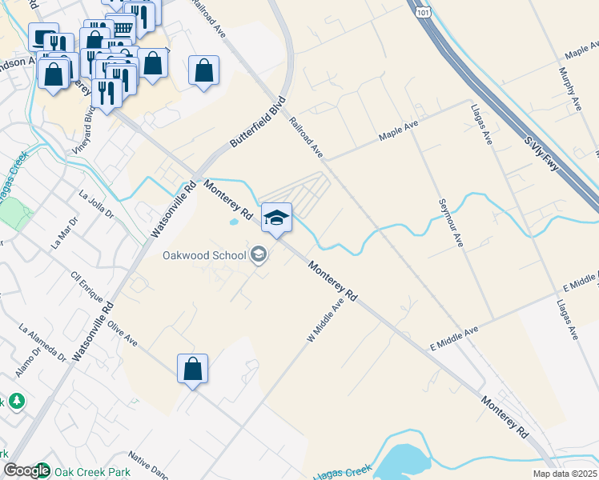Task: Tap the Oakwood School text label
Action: click(204, 256)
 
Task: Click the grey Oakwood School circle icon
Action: click(258, 255)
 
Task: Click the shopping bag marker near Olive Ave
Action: click(192, 370)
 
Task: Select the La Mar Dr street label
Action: click(63, 231)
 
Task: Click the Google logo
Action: click(26, 470)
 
